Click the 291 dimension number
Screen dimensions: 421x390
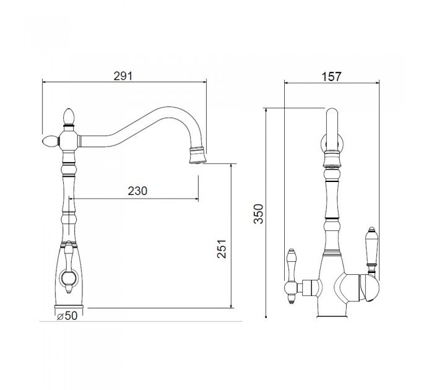coord(123,76)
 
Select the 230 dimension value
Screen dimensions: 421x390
coord(137,191)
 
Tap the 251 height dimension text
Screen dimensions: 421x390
coord(222,249)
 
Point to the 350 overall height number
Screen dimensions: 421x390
coord(259,214)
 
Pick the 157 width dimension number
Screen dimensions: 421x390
coord(332,77)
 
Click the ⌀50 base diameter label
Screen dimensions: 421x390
coord(67,316)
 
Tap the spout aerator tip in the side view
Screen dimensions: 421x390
coord(198,155)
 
